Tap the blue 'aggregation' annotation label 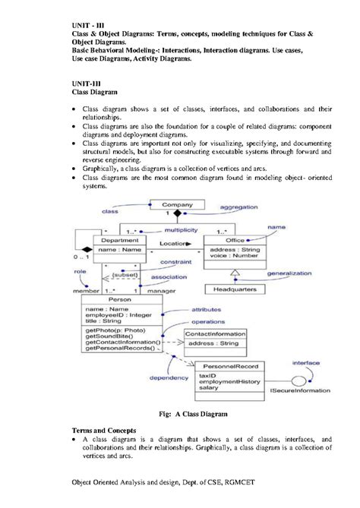[x=241, y=207]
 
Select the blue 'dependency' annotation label [x=169, y=377]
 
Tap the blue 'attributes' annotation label [x=207, y=310]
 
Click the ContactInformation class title [x=216, y=333]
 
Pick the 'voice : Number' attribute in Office [x=232, y=256]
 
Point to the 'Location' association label [x=173, y=244]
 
